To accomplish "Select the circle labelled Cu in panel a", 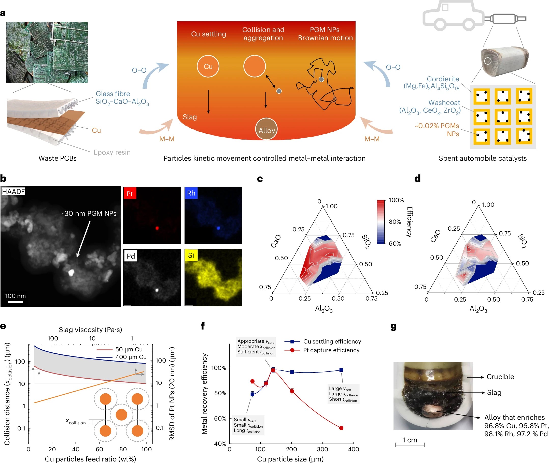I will coord(208,66).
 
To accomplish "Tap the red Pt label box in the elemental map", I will coord(130,193).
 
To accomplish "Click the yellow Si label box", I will coord(191,255).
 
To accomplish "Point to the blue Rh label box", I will coord(191,193).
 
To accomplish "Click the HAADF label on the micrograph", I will coord(13,191).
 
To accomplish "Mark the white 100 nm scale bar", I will coord(16,302).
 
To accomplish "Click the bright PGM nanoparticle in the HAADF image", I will coord(71,273).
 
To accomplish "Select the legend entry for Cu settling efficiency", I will coord(323,341).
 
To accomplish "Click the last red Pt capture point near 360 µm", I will coord(341,428).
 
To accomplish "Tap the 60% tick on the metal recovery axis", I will coord(220,419).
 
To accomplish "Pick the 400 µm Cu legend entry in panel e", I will coord(122,357).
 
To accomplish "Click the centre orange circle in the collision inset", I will coord(121,415).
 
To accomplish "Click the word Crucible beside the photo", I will coord(500,377).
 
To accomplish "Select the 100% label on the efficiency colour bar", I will coord(396,200).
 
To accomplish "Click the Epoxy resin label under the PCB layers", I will coord(112,152).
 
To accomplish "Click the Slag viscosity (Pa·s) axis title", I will coord(90,330).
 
